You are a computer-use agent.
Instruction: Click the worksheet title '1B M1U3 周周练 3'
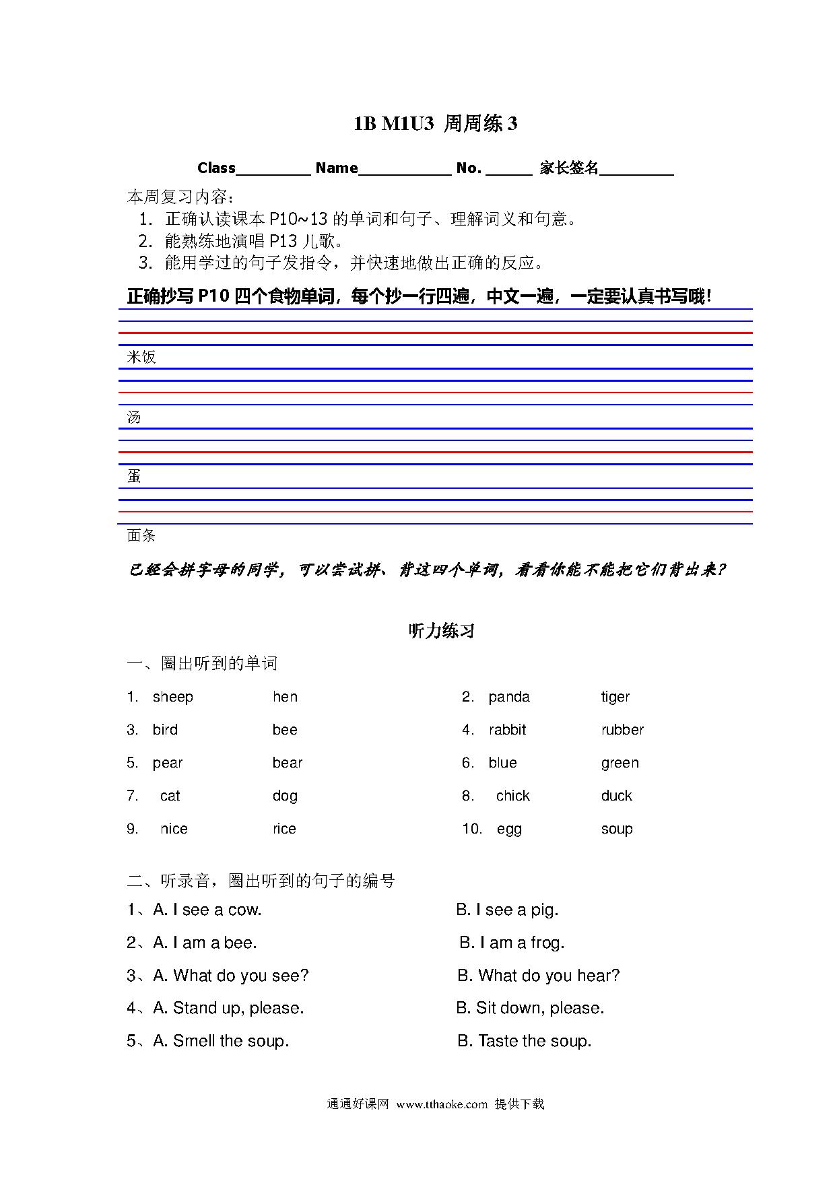[x=436, y=124]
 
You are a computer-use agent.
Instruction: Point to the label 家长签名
[x=569, y=168]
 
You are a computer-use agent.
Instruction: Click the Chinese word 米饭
[x=141, y=357]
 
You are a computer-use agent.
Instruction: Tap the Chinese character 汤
[x=134, y=417]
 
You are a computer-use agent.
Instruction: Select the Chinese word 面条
[x=141, y=536]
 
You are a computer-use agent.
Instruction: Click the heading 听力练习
[x=442, y=631]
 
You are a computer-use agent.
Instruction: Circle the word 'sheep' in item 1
[x=173, y=697]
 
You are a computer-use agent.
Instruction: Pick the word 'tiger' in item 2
[x=615, y=697]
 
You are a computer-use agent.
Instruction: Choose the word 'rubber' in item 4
[x=622, y=730]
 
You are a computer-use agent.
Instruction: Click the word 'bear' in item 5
[x=288, y=763]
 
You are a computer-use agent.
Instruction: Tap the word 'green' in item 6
[x=620, y=763]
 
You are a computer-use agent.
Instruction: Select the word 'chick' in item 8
[x=513, y=796]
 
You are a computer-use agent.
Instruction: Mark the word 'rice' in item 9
[x=284, y=829]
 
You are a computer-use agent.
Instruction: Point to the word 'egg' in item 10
[x=509, y=830]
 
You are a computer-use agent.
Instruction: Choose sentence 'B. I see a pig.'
[x=507, y=910]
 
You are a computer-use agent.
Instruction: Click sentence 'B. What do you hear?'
[x=539, y=976]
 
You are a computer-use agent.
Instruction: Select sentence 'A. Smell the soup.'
[x=222, y=1041]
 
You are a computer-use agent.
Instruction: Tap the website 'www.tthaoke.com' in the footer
[x=442, y=1104]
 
